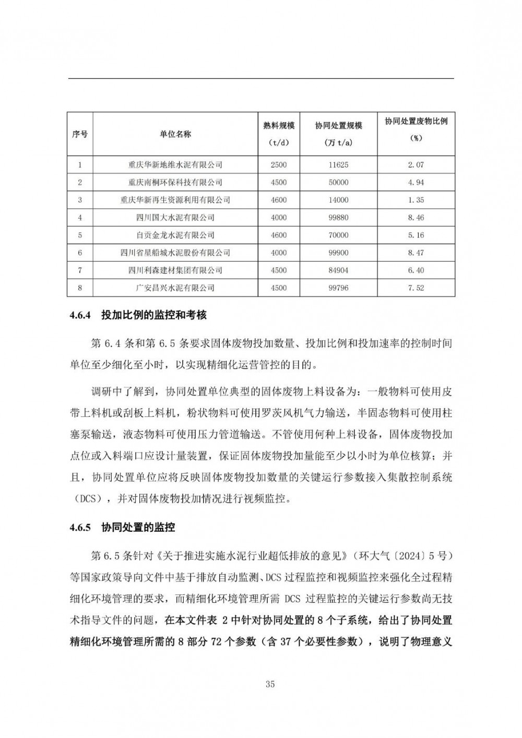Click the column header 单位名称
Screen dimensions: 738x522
click(175, 134)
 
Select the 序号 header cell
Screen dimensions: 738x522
click(80, 134)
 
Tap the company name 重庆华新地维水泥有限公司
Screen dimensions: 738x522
click(175, 165)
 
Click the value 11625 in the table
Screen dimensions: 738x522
click(338, 165)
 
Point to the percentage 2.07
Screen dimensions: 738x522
click(416, 165)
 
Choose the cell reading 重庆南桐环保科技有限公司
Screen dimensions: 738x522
click(175, 183)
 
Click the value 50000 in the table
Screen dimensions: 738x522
click(338, 183)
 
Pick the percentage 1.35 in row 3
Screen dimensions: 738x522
click(416, 200)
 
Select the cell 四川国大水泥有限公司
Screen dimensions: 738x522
click(175, 218)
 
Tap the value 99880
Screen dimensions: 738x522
click(338, 218)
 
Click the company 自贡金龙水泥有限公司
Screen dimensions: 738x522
click(175, 235)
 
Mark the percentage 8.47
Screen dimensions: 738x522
click(416, 253)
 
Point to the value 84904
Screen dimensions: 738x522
click(338, 270)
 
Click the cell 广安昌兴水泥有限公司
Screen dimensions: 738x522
click(175, 288)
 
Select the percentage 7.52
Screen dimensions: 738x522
click(416, 288)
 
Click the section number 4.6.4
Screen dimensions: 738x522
click(80, 315)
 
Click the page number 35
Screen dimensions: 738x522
click(270, 685)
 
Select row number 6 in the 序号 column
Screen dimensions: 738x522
click(80, 253)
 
